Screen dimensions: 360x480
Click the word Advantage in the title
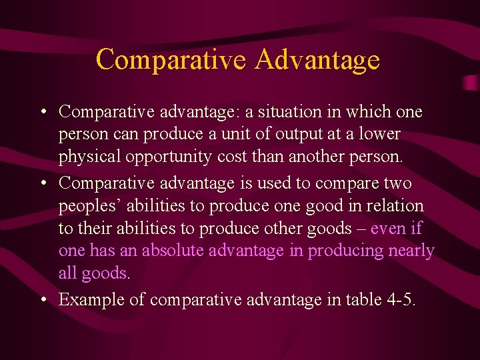[317, 59]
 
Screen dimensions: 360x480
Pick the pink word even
[389, 228]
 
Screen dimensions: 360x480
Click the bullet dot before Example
[43, 300]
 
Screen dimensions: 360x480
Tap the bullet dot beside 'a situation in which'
[43, 111]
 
